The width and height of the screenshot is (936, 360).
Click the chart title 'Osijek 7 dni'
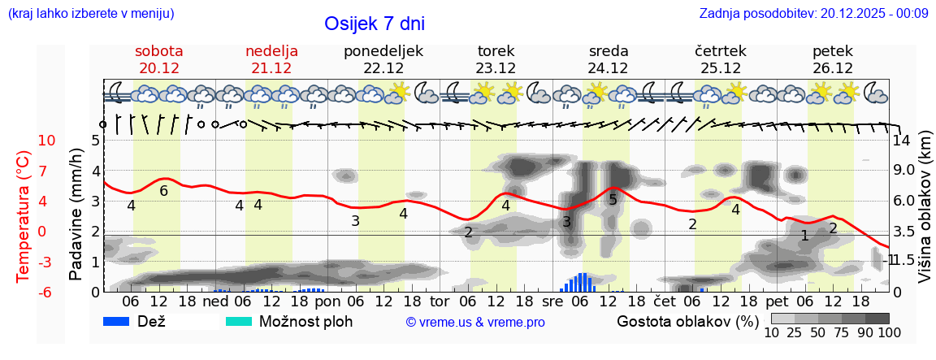(x=374, y=24)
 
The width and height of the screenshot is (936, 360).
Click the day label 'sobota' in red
(x=158, y=51)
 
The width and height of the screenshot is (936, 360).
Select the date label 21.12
(x=271, y=68)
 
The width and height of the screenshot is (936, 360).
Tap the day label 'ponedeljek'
(x=383, y=51)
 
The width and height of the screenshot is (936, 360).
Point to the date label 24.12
(x=608, y=68)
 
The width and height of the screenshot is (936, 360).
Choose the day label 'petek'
(x=832, y=51)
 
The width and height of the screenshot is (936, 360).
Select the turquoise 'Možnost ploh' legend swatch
(x=239, y=322)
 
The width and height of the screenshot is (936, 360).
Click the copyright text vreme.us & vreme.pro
(x=474, y=322)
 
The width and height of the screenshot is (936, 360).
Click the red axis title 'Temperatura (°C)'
(x=24, y=216)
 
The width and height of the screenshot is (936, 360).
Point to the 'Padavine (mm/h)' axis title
(x=76, y=215)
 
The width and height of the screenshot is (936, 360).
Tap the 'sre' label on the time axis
(x=552, y=301)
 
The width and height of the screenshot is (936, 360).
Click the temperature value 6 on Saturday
(x=163, y=191)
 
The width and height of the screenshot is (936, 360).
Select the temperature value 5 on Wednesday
(x=613, y=200)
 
